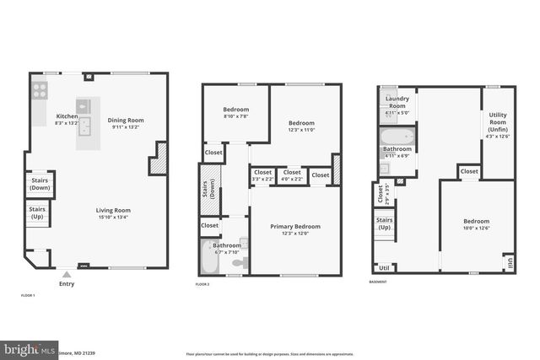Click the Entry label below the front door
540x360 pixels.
67,284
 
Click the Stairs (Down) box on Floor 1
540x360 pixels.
40,183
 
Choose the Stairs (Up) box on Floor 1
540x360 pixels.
38,212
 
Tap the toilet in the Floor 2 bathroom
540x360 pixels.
238,263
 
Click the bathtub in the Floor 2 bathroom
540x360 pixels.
209,259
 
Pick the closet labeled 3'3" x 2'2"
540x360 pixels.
262,175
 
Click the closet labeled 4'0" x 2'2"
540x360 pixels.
291,175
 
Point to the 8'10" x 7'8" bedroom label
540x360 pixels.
235,113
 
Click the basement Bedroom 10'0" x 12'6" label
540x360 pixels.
477,223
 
